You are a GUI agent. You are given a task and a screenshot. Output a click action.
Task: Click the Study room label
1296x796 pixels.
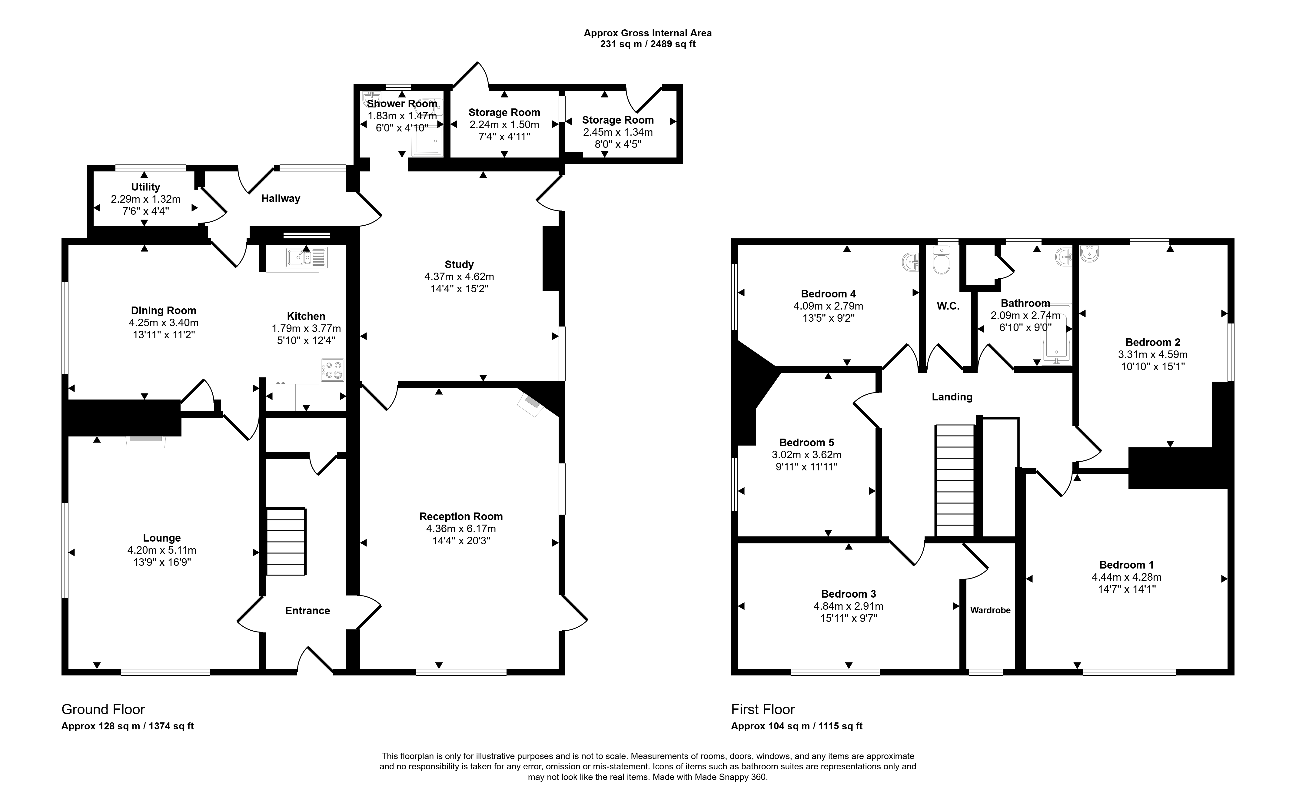(459, 264)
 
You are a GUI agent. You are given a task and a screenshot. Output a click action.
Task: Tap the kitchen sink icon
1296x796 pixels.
(306, 257)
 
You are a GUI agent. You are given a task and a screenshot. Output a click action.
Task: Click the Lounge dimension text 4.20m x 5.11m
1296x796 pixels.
(161, 550)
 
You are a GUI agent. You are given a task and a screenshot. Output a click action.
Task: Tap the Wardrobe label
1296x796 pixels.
(990, 611)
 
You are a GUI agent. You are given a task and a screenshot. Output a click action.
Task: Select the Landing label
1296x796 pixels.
(952, 397)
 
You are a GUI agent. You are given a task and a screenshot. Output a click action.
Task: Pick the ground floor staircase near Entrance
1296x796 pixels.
(286, 542)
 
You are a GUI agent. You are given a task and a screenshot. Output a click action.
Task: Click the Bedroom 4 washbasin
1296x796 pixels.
(911, 261)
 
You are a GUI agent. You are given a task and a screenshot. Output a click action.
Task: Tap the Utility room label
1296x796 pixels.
(145, 187)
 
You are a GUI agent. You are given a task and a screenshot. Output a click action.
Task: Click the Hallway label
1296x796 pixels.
(281, 198)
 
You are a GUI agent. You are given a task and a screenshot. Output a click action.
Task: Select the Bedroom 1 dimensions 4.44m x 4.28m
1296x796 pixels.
(1126, 577)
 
